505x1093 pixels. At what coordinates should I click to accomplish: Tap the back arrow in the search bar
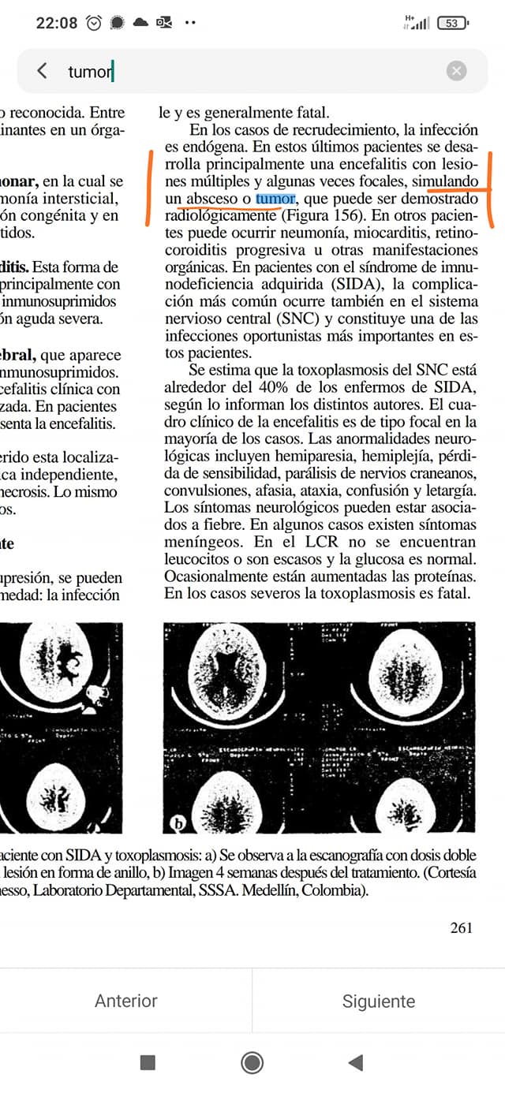click(42, 71)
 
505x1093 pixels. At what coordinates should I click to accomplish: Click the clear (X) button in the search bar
click(456, 71)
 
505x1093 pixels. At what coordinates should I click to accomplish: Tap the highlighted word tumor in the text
click(275, 198)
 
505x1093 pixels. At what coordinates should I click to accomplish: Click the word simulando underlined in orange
click(446, 181)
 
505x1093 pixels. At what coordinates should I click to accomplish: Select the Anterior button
click(126, 1001)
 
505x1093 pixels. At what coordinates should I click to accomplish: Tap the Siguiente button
click(379, 1001)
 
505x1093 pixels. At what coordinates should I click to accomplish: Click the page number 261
click(462, 927)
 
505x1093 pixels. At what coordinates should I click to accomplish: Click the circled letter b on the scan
click(178, 824)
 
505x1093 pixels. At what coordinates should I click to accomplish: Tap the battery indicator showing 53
click(451, 23)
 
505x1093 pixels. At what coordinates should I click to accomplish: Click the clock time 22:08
click(57, 23)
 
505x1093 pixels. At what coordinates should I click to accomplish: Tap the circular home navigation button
click(252, 1062)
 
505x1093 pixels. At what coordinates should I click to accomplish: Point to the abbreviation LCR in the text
click(312, 542)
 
